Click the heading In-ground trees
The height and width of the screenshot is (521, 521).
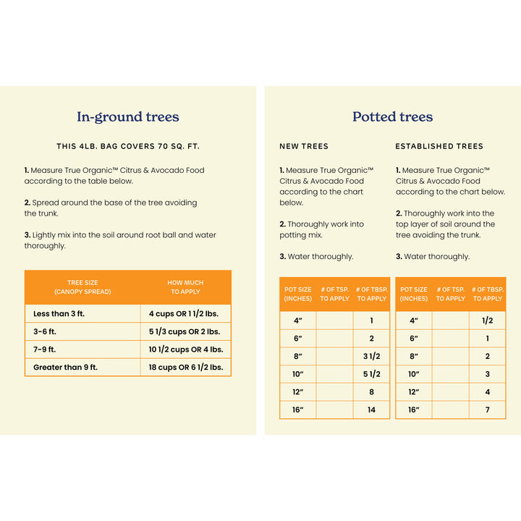click(x=128, y=117)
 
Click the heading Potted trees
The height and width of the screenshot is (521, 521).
click(x=392, y=117)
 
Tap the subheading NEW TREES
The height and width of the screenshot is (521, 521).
click(x=304, y=146)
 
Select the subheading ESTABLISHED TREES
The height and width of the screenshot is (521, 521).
click(x=439, y=146)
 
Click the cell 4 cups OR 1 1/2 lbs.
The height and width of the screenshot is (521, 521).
click(x=185, y=313)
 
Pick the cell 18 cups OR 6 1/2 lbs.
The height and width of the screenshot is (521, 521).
click(x=185, y=368)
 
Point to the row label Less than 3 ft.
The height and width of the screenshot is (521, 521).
click(x=61, y=313)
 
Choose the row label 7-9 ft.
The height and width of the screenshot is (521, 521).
click(x=45, y=350)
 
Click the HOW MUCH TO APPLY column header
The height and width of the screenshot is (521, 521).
click(x=185, y=287)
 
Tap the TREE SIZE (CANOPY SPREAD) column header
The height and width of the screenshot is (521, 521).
click(x=82, y=287)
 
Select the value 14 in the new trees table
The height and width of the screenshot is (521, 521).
click(x=371, y=410)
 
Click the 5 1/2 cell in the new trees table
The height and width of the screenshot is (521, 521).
click(x=371, y=374)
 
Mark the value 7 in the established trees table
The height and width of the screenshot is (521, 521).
click(x=487, y=410)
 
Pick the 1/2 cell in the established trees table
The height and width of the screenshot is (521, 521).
click(x=487, y=321)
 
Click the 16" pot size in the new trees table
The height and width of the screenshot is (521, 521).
click(x=297, y=410)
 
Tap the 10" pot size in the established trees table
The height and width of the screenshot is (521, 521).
click(x=413, y=374)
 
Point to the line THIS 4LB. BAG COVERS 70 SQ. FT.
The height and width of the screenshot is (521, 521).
click(x=128, y=146)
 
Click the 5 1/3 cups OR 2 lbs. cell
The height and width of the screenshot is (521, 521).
click(x=185, y=331)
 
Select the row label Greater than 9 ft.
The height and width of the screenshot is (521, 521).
click(x=65, y=368)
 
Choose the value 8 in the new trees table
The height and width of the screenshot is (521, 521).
click(x=371, y=392)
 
